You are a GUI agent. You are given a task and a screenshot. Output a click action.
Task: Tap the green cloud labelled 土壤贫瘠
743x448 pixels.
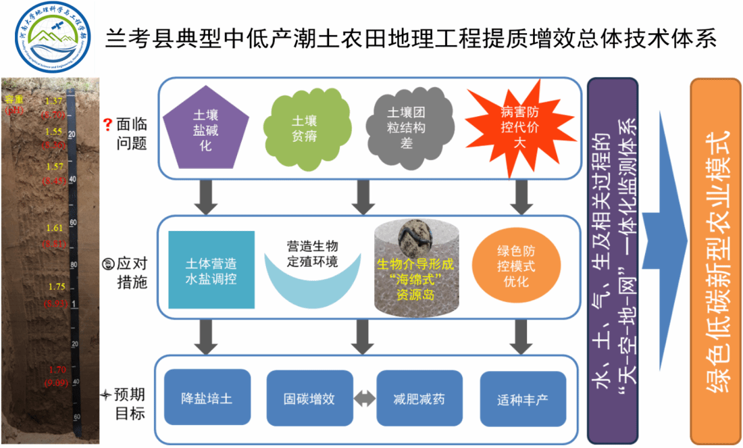tap(304, 128)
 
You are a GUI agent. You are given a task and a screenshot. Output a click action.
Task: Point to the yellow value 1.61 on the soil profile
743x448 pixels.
tap(55, 228)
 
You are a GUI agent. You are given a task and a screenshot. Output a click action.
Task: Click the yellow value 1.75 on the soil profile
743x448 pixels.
tap(57, 287)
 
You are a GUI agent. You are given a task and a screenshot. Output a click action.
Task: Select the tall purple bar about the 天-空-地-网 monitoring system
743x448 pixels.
tap(613, 260)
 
